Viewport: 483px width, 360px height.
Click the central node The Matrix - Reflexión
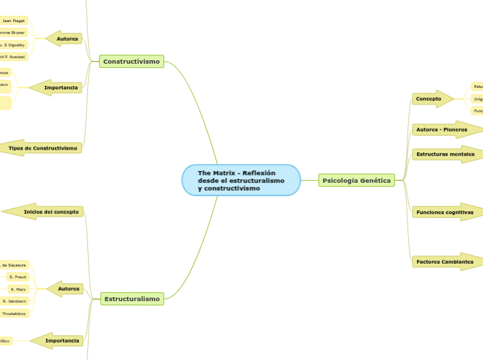[240, 181]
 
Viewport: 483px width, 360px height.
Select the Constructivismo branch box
[132, 62]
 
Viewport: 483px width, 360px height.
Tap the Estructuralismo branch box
[132, 299]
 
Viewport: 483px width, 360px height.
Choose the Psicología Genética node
[356, 181]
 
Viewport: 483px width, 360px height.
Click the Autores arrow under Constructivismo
[67, 39]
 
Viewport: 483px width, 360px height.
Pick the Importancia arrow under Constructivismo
[61, 88]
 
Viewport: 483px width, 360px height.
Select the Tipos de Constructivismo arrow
[43, 148]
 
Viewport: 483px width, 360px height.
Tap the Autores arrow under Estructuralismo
[68, 288]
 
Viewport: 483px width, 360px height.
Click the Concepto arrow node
[429, 99]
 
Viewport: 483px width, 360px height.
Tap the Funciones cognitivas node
[444, 213]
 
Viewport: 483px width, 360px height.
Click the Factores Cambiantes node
[444, 262]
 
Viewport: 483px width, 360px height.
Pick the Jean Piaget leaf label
[14, 21]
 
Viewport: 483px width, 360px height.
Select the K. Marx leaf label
[17, 289]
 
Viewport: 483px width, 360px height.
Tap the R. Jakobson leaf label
[14, 301]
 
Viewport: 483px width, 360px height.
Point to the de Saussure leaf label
[13, 264]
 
